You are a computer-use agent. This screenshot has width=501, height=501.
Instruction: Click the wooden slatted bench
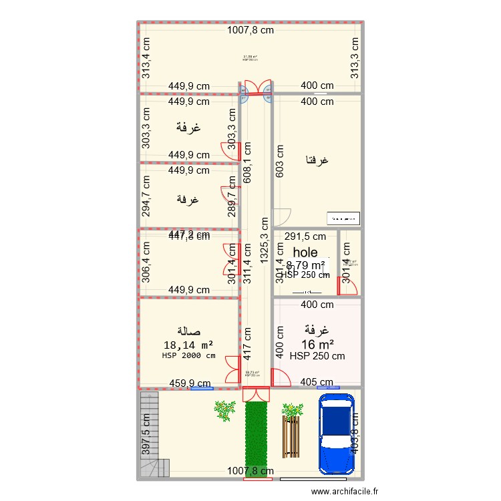coord(292,438)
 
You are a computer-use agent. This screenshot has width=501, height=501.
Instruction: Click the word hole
coord(305,253)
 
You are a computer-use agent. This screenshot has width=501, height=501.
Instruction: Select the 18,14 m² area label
coord(188,345)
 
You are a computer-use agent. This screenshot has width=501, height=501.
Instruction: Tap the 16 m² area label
coord(317,344)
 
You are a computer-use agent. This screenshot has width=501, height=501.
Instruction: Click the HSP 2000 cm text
coord(188,355)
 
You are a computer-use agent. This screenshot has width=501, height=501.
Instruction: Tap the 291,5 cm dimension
coord(305,236)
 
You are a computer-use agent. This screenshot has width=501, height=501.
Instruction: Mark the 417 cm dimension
coord(247,341)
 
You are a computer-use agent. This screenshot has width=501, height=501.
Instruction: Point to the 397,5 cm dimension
coord(146,434)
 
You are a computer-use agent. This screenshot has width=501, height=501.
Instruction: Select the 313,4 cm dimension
coord(146,57)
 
